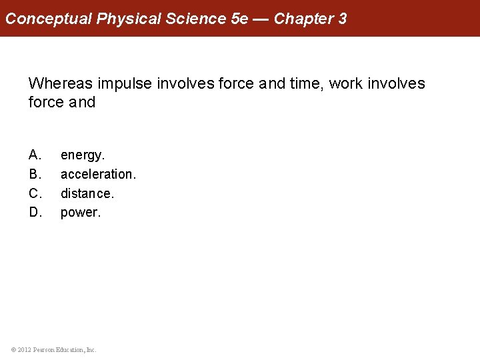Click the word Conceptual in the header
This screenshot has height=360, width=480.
pos(49,19)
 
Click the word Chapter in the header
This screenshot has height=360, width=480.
pos(303,19)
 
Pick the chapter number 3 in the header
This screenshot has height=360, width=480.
pos(343,19)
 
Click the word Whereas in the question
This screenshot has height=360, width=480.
pos(61,83)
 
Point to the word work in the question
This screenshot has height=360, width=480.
pos(346,83)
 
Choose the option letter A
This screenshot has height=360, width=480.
pos(35,155)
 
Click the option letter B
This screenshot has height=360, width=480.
pos(35,174)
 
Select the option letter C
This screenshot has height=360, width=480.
pos(35,193)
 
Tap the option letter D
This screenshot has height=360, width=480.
pos(35,213)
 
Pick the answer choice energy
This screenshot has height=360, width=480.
pos(83,155)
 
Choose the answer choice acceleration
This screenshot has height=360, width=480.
pos(98,174)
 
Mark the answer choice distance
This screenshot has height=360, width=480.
pos(87,193)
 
